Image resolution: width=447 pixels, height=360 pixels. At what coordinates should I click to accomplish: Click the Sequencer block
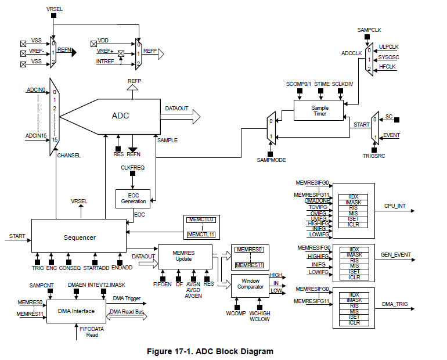(79, 235)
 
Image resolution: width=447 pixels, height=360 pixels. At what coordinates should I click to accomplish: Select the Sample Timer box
(319, 110)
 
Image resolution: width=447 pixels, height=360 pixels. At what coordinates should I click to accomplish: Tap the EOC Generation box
(133, 199)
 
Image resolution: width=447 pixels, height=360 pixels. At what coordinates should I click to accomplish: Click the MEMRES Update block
(185, 257)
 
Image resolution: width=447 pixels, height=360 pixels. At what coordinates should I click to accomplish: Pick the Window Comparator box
(250, 286)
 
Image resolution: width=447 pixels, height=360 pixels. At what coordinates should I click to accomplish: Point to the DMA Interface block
(76, 311)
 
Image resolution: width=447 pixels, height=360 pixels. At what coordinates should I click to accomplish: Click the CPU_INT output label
(395, 206)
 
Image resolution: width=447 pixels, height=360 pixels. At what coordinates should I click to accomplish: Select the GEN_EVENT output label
(396, 254)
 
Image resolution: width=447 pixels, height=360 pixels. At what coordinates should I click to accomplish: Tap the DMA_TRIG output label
(395, 304)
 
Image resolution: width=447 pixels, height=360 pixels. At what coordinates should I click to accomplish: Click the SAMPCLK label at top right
(369, 30)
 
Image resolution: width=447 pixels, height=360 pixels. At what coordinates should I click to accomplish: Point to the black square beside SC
(396, 120)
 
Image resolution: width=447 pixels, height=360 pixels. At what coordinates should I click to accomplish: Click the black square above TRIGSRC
(374, 150)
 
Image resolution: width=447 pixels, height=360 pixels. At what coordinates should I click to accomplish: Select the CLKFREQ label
(132, 168)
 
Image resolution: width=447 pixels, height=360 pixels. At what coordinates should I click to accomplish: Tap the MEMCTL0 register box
(201, 219)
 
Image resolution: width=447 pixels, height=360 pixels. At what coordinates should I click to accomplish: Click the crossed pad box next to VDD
(93, 44)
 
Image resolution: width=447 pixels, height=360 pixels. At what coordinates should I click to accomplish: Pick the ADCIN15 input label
(36, 136)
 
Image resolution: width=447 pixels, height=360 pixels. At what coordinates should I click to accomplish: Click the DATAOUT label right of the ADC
(176, 109)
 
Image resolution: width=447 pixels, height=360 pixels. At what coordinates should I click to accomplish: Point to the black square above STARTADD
(95, 262)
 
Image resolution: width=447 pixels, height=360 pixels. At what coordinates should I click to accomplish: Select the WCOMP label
(236, 313)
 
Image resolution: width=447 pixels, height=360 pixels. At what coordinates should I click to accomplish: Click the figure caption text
(210, 351)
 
